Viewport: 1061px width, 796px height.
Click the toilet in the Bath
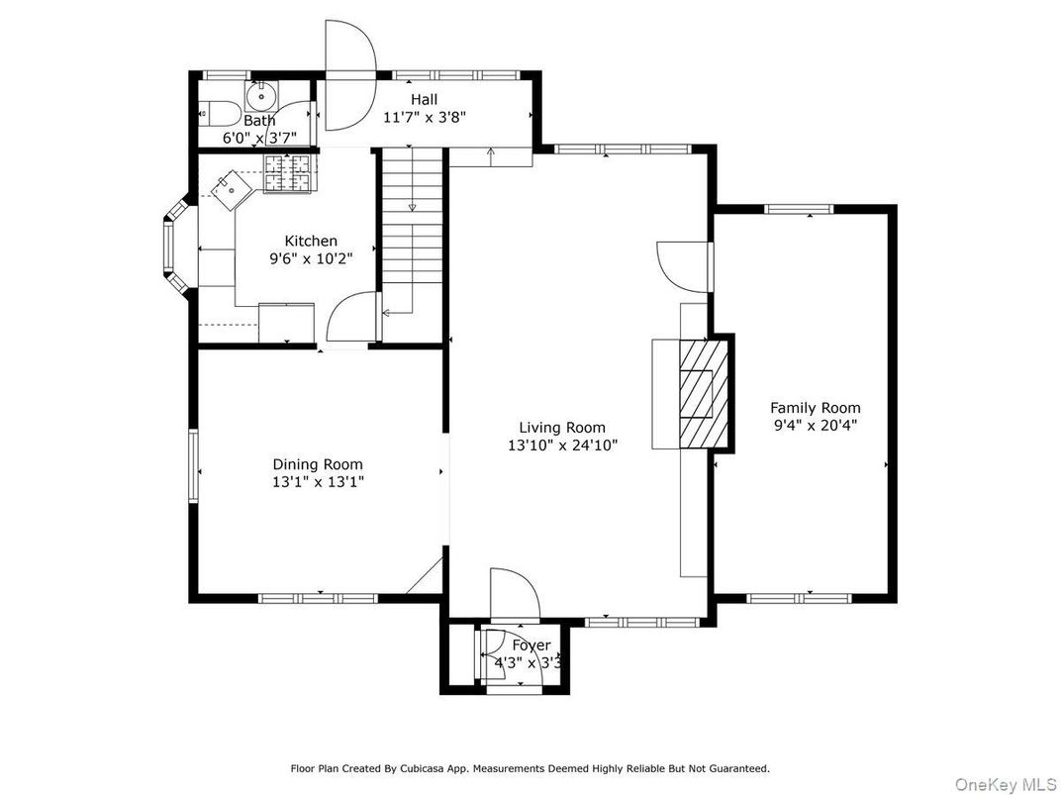217,114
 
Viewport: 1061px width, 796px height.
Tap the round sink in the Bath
261,97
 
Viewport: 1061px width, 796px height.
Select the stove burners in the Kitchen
287,173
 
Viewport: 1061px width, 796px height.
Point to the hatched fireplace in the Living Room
705,394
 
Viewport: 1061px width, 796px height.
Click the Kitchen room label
311,241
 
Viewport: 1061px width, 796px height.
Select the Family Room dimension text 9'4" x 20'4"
816,426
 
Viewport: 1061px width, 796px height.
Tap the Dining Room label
318,464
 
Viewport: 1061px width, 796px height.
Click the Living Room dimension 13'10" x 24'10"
562,446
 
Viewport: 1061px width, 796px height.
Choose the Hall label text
425,99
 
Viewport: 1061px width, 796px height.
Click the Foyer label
531,646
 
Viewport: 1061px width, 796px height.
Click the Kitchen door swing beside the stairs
351,317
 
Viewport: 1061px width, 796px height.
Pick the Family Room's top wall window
799,209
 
